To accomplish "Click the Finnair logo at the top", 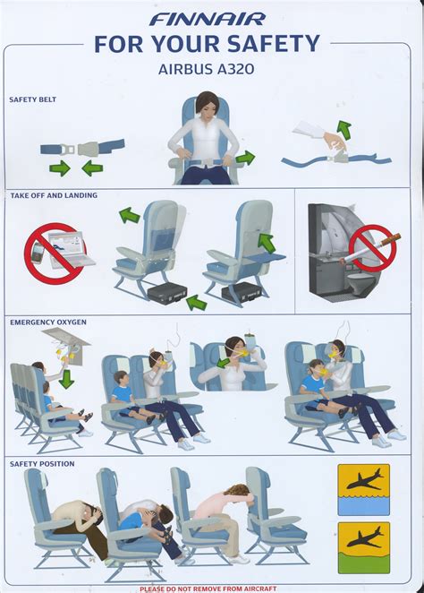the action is [208, 19].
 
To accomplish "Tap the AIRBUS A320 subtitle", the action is [206, 69].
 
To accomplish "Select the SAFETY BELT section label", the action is [32, 99].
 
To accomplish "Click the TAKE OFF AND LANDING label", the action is [54, 195].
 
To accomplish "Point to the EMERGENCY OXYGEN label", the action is [48, 322].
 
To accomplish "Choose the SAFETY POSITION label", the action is [42, 464].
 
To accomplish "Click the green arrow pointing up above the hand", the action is [344, 129].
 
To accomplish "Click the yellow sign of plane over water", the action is [363, 490].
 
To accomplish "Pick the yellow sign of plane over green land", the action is [363, 547].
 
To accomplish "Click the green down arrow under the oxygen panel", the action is [66, 379].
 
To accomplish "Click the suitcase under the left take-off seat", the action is [167, 294].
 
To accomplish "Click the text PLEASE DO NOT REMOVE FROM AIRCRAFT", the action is [208, 589].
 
